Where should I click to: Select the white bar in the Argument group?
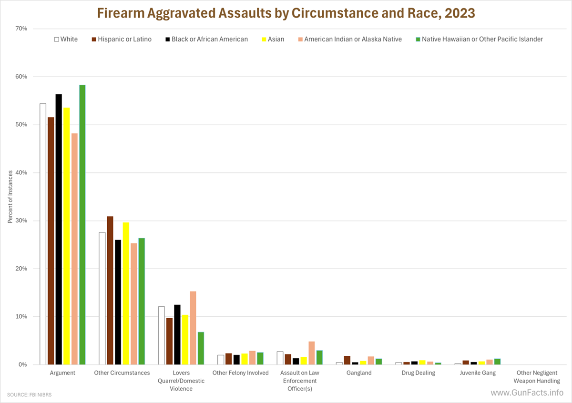pyautogui.click(x=43, y=234)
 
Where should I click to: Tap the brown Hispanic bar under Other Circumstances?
pyautogui.click(x=110, y=291)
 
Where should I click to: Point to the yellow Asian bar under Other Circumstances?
pyautogui.click(x=126, y=293)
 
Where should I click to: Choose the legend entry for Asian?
pyautogui.click(x=276, y=39)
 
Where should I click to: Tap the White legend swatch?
pyautogui.click(x=56, y=39)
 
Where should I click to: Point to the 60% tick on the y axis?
pyautogui.click(x=21, y=77)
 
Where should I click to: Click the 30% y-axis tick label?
pyautogui.click(x=21, y=221)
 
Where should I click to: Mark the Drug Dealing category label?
pyautogui.click(x=418, y=373)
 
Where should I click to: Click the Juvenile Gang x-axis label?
pyautogui.click(x=477, y=373)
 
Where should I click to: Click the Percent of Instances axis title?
pyautogui.click(x=10, y=197)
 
